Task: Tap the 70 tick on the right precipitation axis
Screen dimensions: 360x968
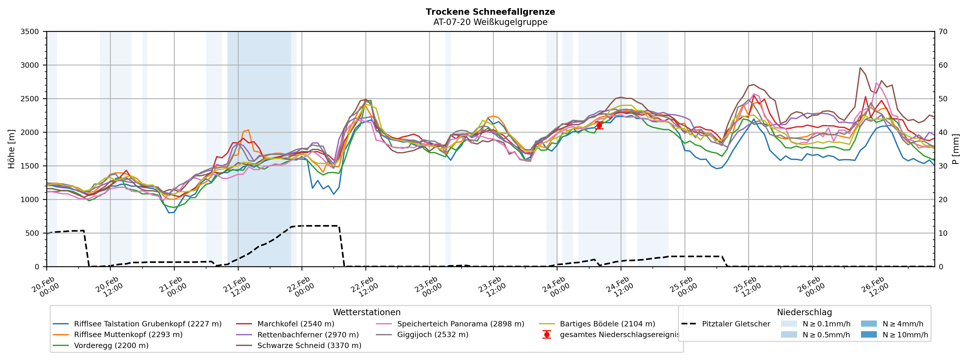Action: click(x=943, y=32)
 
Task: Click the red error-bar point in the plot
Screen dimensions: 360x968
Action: click(x=599, y=126)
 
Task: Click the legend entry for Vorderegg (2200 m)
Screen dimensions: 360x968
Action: click(x=111, y=345)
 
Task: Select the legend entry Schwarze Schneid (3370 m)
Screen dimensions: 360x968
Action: click(x=309, y=345)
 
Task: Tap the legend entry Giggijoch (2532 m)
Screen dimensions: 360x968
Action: click(x=432, y=335)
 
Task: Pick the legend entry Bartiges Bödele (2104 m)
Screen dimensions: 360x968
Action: click(x=607, y=324)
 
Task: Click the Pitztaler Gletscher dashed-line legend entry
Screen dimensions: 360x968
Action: click(x=735, y=324)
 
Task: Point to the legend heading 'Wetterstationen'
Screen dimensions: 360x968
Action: click(x=366, y=312)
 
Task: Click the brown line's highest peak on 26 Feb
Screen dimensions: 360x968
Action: click(x=860, y=68)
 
